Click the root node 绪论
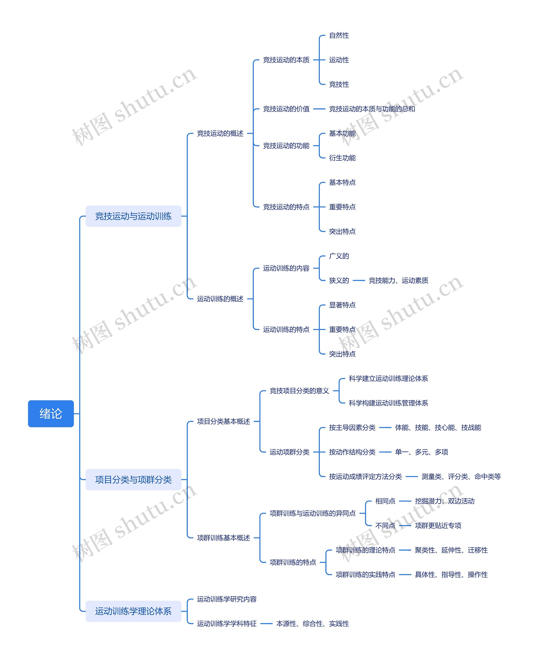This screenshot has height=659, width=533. click(51, 413)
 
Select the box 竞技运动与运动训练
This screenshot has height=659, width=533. click(133, 216)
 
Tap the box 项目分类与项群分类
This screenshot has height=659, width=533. click(133, 479)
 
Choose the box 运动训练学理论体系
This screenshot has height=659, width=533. click(133, 611)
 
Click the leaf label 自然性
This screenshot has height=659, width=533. click(339, 35)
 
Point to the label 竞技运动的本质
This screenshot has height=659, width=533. click(286, 60)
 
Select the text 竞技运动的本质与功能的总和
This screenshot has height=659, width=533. click(372, 109)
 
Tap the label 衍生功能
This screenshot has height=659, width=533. click(342, 158)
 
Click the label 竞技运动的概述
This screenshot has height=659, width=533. click(220, 133)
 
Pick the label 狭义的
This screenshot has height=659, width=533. click(339, 280)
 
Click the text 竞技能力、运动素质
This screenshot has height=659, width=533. click(398, 280)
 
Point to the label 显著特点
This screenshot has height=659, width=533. click(342, 305)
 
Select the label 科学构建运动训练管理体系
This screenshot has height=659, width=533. click(388, 403)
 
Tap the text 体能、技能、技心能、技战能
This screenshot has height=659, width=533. click(438, 427)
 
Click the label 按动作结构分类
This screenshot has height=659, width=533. click(352, 452)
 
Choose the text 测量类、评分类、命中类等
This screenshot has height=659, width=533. click(461, 477)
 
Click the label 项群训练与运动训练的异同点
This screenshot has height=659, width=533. click(313, 513)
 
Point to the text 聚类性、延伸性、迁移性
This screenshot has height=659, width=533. click(451, 550)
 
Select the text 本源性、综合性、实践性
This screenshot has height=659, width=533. click(313, 623)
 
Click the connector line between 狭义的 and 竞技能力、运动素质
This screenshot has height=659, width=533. click(359, 280)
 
